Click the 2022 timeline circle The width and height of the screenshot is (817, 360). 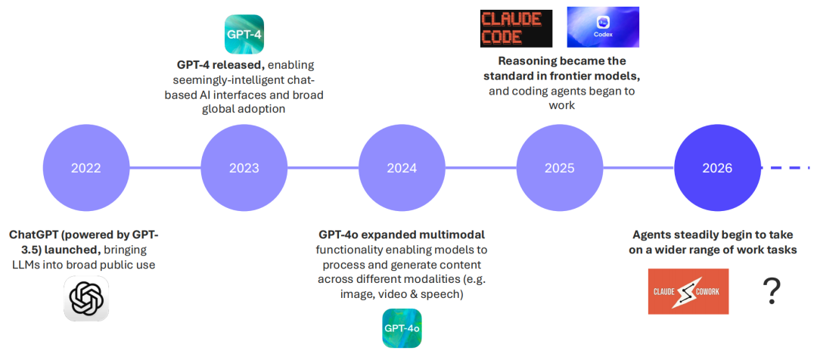(86, 169)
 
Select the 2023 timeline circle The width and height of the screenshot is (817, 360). (244, 169)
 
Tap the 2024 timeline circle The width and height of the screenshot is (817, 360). (402, 169)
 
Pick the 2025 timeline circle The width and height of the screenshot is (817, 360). (560, 169)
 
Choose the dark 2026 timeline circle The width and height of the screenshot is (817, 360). (717, 169)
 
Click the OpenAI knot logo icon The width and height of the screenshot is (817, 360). (86, 299)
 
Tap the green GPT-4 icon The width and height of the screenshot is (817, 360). (244, 34)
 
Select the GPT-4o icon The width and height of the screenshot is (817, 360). (402, 328)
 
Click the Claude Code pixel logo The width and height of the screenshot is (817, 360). (516, 28)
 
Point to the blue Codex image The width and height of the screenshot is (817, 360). (603, 27)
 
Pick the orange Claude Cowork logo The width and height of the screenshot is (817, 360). (688, 292)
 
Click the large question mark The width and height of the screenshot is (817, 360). (772, 291)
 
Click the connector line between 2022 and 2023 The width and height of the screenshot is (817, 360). (165, 168)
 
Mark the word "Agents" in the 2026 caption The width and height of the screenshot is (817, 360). (651, 234)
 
